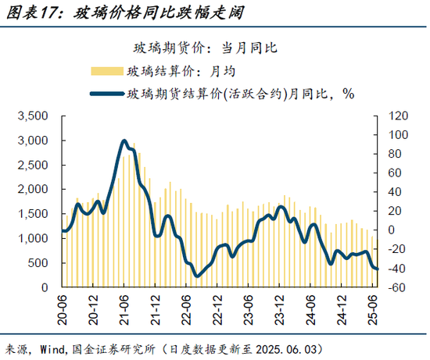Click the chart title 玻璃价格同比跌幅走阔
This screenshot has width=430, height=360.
tap(152, 13)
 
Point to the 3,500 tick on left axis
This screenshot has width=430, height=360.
tap(33, 116)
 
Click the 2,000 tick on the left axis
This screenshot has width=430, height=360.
tap(33, 190)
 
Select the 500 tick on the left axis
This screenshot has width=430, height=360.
tap(38, 263)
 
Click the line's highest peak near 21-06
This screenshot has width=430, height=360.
tap(124, 141)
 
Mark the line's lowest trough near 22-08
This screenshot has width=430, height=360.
tap(196, 276)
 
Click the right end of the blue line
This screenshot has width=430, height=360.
tap(378, 269)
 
